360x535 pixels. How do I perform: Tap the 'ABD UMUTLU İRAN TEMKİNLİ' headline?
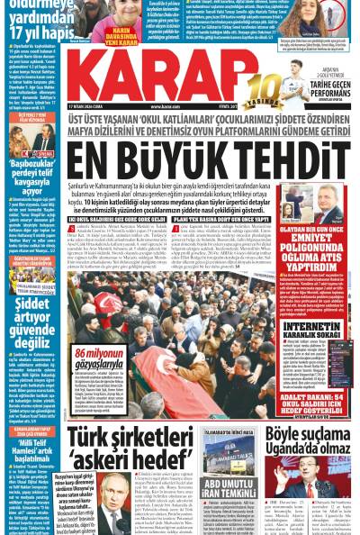pos(230,500)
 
